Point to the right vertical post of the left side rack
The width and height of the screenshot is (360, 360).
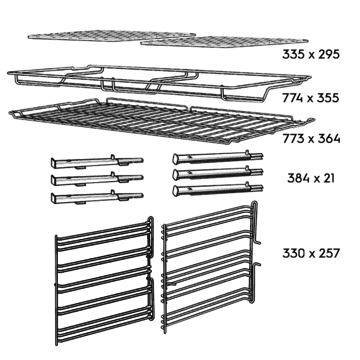coord(149,275)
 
